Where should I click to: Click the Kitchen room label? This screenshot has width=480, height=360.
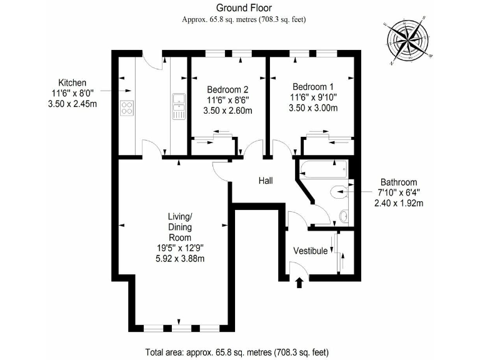pyautogui.click(x=72, y=83)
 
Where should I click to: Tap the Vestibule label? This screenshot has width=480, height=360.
pyautogui.click(x=310, y=251)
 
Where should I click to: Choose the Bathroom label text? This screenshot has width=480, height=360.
pyautogui.click(x=397, y=182)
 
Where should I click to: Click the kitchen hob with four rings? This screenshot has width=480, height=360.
pyautogui.click(x=127, y=107)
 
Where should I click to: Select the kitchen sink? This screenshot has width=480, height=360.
pyautogui.click(x=178, y=100)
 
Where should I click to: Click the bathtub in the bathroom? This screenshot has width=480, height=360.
pyautogui.click(x=324, y=167)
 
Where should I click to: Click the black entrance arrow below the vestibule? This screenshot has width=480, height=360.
pyautogui.click(x=299, y=282)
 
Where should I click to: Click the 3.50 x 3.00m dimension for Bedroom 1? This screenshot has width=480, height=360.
pyautogui.click(x=314, y=108)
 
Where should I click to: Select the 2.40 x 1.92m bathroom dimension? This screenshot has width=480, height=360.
pyautogui.click(x=398, y=203)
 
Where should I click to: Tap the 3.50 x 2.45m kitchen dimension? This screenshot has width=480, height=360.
pyautogui.click(x=72, y=104)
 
